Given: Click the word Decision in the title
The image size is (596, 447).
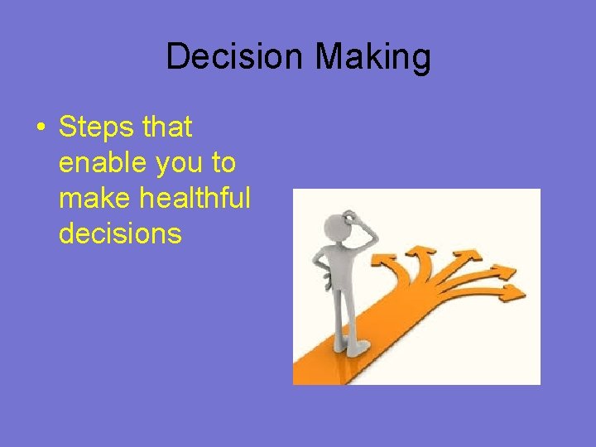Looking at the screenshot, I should pyautogui.click(x=234, y=57).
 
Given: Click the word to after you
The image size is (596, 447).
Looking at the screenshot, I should pyautogui.click(x=223, y=163).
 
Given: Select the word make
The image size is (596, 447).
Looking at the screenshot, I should pyautogui.click(x=93, y=199).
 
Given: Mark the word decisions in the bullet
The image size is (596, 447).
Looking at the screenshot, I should pyautogui.click(x=120, y=234).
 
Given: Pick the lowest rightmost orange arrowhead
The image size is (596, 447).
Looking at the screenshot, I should pyautogui.click(x=514, y=291).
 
